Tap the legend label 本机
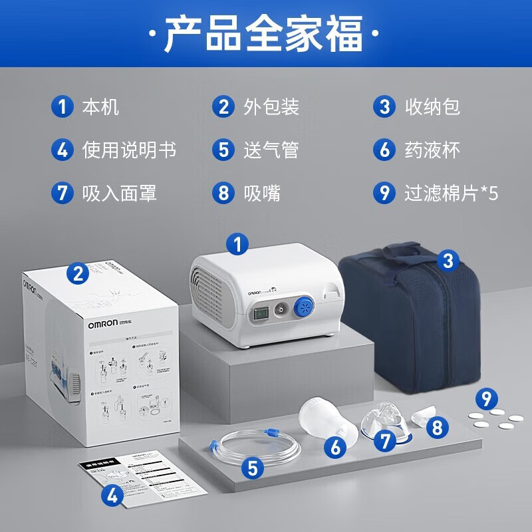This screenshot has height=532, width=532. (100, 106)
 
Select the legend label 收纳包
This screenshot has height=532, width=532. (432, 106)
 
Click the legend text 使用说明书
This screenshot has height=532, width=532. (129, 150)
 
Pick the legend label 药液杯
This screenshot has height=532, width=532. (432, 150)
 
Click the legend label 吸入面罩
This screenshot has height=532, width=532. (119, 194)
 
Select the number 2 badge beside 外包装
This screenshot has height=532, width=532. (223, 106)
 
